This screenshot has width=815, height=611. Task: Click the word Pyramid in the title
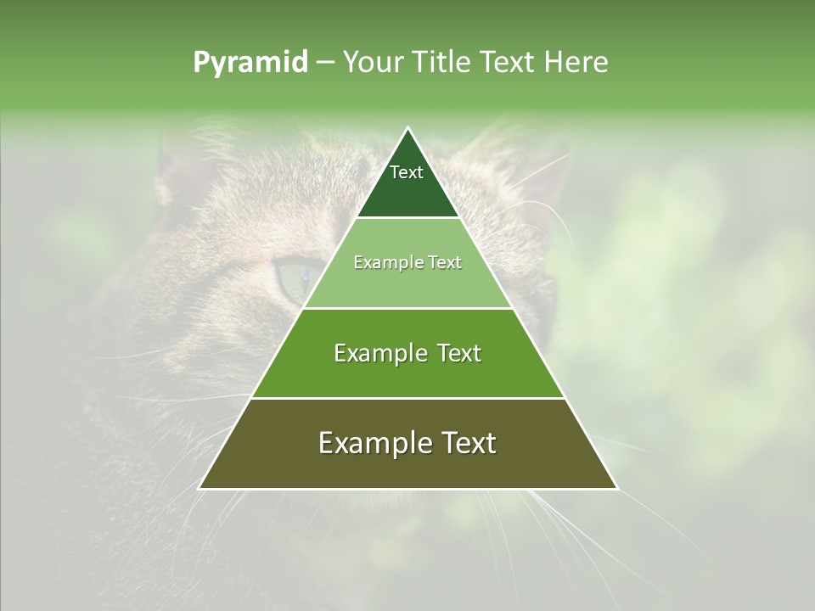pos(250,63)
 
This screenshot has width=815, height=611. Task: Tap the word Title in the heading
pos(445,63)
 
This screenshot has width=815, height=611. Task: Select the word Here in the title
pos(576,63)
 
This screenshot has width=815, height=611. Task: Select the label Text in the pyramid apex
pos(407,172)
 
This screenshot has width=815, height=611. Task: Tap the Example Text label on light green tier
pos(407,262)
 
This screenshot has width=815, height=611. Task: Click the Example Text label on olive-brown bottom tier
pos(407,443)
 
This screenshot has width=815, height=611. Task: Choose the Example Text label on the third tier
pos(407,353)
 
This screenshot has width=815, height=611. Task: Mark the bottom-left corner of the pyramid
pos(200,488)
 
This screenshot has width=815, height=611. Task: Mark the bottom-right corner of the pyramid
pos(616,488)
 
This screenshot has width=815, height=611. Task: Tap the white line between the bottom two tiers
pos(407,398)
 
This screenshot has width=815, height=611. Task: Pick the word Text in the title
pos(509,63)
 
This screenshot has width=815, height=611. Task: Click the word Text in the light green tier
pos(444,262)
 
